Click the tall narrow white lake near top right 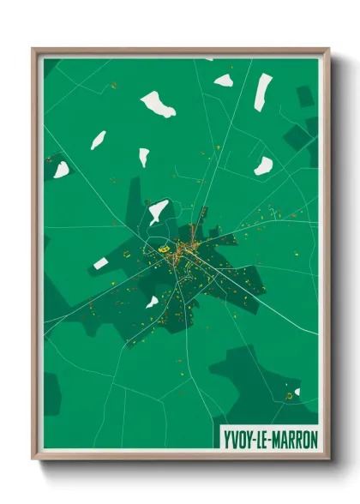[262, 91]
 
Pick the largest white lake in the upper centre [158, 105]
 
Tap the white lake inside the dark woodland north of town [158, 210]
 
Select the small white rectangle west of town [101, 263]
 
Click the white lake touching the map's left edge [61, 170]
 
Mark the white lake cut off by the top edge [209, 59]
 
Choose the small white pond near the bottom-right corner [297, 393]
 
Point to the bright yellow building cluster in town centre [163, 249]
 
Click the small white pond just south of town [152, 302]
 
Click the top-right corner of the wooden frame [328, 50]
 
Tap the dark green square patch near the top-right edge [305, 96]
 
